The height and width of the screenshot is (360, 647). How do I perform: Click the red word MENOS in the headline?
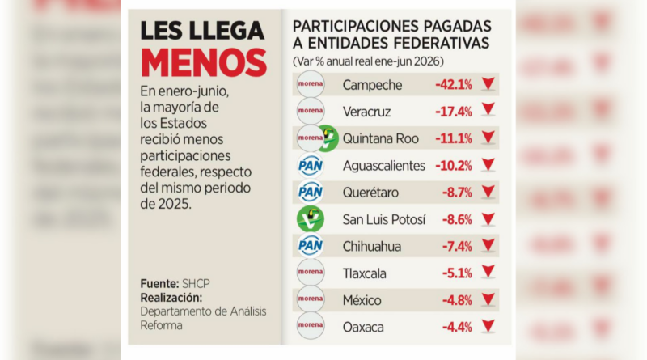(x=204, y=63)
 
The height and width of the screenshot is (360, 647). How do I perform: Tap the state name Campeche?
(x=372, y=85)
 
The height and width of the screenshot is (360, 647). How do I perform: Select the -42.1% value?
(x=454, y=85)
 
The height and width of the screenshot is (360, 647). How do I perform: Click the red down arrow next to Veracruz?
(x=488, y=110)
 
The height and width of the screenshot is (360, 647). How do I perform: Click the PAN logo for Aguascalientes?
(x=311, y=166)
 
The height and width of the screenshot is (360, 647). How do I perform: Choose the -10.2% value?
(x=454, y=166)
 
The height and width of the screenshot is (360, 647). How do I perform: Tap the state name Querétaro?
(x=370, y=193)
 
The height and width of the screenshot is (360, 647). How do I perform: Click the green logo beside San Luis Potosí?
(x=311, y=218)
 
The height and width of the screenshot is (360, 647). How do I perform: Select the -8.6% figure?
(x=457, y=219)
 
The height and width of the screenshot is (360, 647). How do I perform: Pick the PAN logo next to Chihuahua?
(x=311, y=246)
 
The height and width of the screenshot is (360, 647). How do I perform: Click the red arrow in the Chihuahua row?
(x=488, y=245)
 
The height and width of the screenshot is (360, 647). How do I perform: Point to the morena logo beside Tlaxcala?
(x=311, y=272)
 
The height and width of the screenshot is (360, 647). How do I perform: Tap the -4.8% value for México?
(x=457, y=300)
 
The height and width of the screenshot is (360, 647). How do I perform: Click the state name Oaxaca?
(x=363, y=328)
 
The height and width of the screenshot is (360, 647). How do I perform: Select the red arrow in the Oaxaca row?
(x=488, y=326)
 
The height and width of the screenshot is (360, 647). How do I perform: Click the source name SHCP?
(x=196, y=284)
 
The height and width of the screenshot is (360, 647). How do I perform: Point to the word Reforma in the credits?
(x=161, y=325)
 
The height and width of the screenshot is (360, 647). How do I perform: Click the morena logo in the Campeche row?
(x=311, y=84)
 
